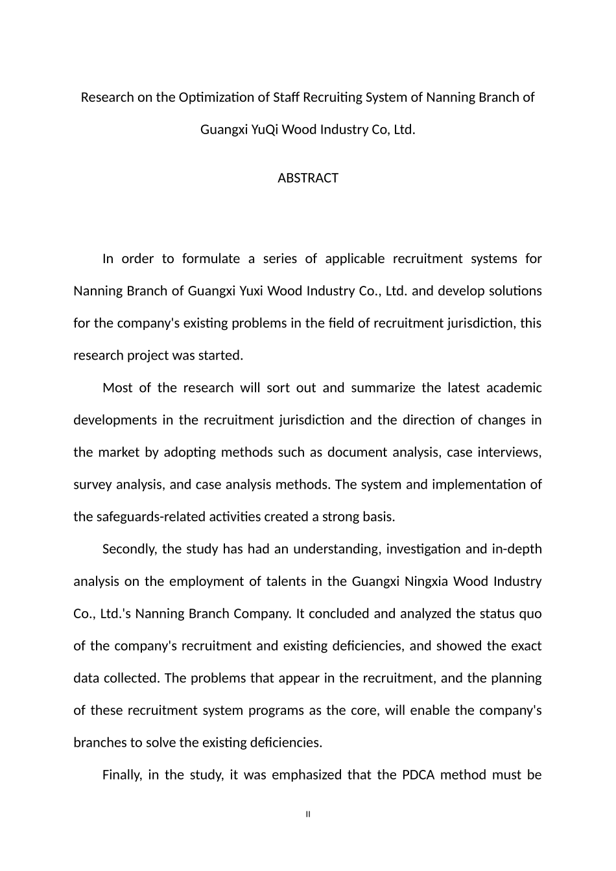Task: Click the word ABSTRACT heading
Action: point(307,178)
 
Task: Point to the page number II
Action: point(308,814)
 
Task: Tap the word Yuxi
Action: point(252,291)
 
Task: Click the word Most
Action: point(117,388)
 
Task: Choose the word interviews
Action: point(508,452)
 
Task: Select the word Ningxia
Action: point(425,581)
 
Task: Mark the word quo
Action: point(531,614)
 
